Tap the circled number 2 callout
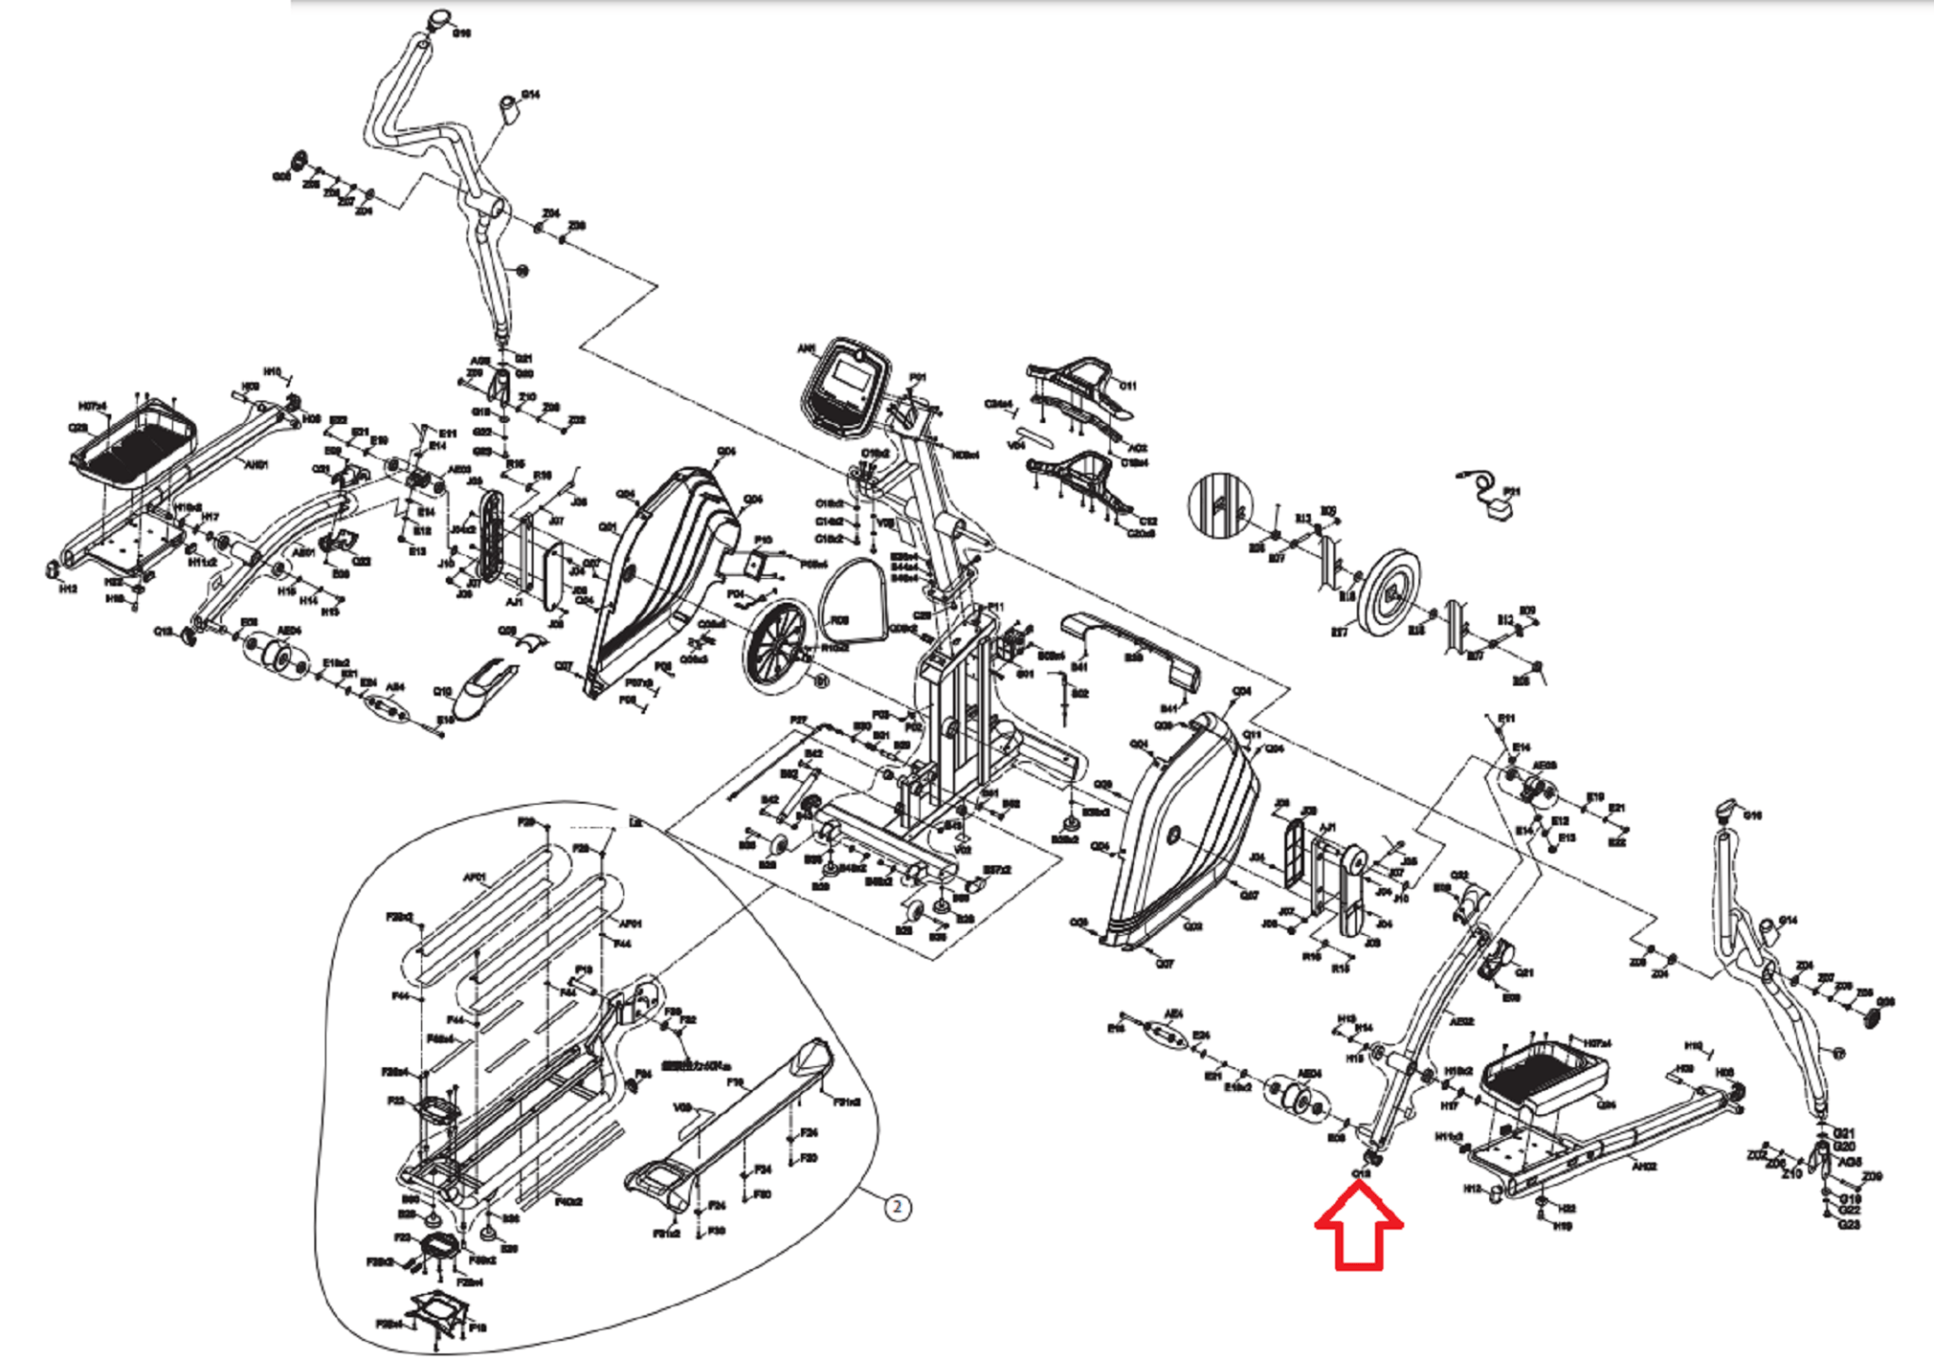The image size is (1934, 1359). pyautogui.click(x=897, y=1207)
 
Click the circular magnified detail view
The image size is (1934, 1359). pyautogui.click(x=1220, y=504)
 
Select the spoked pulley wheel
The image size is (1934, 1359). pyautogui.click(x=776, y=638)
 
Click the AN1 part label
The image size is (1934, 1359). pyautogui.click(x=806, y=349)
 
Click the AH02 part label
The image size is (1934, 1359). pyautogui.click(x=1644, y=1166)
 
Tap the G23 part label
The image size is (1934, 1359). pyautogui.click(x=1848, y=1225)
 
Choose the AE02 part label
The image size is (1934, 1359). pyautogui.click(x=1461, y=1021)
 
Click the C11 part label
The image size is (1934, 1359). pyautogui.click(x=1128, y=385)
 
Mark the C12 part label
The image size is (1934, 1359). pyautogui.click(x=1148, y=521)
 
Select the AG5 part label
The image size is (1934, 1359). pyautogui.click(x=1850, y=1162)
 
